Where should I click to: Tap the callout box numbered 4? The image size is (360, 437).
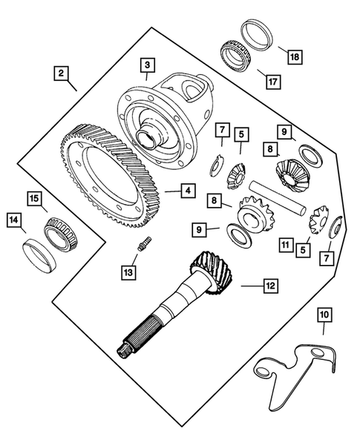(189, 191)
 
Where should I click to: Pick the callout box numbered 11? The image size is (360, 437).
(286, 244)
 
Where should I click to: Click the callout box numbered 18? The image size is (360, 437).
(295, 56)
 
